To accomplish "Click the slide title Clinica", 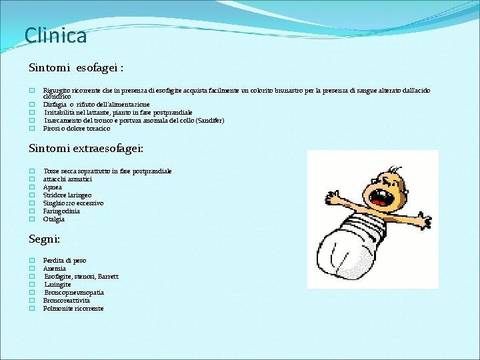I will point(55,35).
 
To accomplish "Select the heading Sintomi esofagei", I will point(76,67).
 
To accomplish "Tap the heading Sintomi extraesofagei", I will point(86,149).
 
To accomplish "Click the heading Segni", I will point(44,238).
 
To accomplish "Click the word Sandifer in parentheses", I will point(210,121).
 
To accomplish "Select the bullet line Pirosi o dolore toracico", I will point(77,129).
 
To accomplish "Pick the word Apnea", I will point(53,187).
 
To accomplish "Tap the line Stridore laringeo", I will point(67,195).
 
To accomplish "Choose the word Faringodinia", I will point(61,211).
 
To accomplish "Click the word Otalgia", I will point(54,219).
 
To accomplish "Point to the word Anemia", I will point(54,269).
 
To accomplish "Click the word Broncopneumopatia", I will point(74,293).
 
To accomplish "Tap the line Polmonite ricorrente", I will point(73,309).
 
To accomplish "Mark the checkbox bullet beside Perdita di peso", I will point(31,261).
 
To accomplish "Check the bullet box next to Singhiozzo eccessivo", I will point(31,203).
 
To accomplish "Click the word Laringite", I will point(58,285).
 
